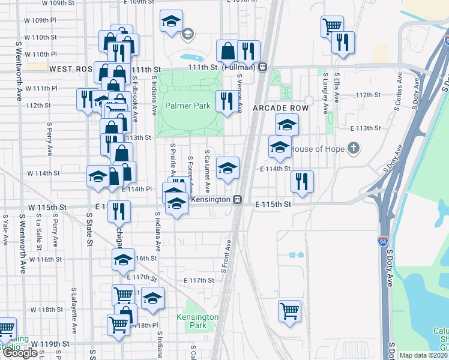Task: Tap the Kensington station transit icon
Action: (238, 199)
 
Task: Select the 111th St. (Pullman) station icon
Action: (263, 67)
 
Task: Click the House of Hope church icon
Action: (354, 148)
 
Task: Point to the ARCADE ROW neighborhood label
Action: (280, 108)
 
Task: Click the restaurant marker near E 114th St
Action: (302, 181)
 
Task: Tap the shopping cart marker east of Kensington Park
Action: (289, 311)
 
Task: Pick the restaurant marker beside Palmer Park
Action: (226, 101)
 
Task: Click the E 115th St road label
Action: (273, 205)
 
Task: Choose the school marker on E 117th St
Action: (153, 299)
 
